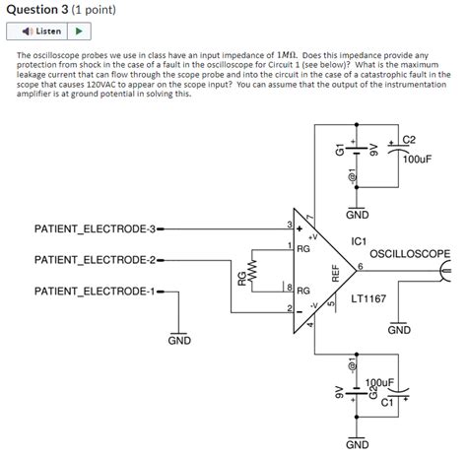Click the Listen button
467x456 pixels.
(x=40, y=32)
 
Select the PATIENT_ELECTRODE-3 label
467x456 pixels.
(x=95, y=230)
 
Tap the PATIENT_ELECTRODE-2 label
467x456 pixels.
(x=95, y=260)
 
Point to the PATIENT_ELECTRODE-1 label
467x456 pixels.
(x=95, y=292)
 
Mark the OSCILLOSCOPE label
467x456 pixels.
(x=409, y=253)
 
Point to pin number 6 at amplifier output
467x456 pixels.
(x=361, y=266)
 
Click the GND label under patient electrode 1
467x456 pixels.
(x=179, y=341)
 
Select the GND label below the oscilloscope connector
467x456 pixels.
(x=399, y=330)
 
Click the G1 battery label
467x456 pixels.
(x=340, y=150)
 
